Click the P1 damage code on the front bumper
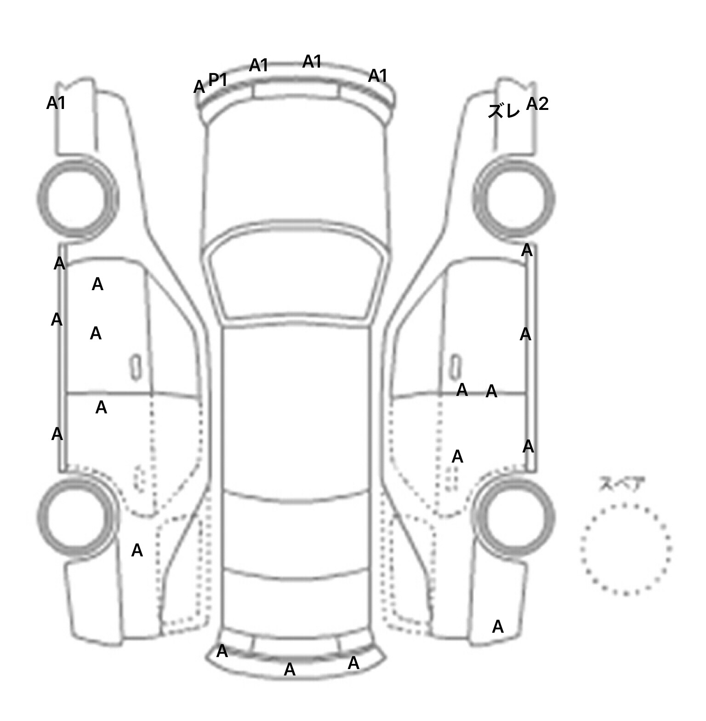[x=218, y=80]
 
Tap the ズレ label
[x=504, y=111]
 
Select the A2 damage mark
[x=537, y=104]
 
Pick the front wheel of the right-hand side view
[x=514, y=199]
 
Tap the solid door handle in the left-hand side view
[x=136, y=367]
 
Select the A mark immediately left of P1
[x=199, y=87]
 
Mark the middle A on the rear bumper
[x=290, y=669]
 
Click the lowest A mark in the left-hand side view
[x=137, y=550]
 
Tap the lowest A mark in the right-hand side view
[x=498, y=626]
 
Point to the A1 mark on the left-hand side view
[x=56, y=103]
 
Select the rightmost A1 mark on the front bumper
[x=378, y=75]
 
